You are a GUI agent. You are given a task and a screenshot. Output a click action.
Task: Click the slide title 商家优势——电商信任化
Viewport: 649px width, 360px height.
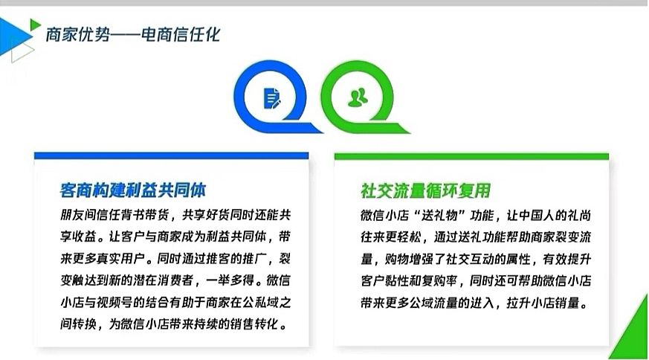(133, 35)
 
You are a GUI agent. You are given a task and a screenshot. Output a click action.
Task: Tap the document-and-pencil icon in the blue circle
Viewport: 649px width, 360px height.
(272, 98)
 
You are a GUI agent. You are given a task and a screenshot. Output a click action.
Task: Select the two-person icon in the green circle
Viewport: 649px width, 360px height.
(358, 97)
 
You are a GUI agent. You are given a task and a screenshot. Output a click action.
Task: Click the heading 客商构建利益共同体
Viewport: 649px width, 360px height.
(133, 190)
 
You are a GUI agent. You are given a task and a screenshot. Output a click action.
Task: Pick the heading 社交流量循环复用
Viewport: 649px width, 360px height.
(425, 190)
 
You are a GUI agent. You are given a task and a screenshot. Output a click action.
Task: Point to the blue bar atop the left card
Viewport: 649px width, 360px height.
(171, 155)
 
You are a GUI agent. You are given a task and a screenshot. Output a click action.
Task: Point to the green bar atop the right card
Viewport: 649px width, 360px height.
(471, 156)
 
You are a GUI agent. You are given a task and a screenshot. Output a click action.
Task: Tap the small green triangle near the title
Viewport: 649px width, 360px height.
(35, 25)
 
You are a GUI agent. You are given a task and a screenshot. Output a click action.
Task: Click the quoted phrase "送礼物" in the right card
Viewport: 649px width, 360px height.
(439, 216)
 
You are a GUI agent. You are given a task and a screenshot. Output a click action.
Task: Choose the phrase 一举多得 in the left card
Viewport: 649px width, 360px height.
(230, 280)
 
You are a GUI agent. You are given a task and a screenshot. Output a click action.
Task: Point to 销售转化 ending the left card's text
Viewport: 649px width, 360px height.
(254, 324)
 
